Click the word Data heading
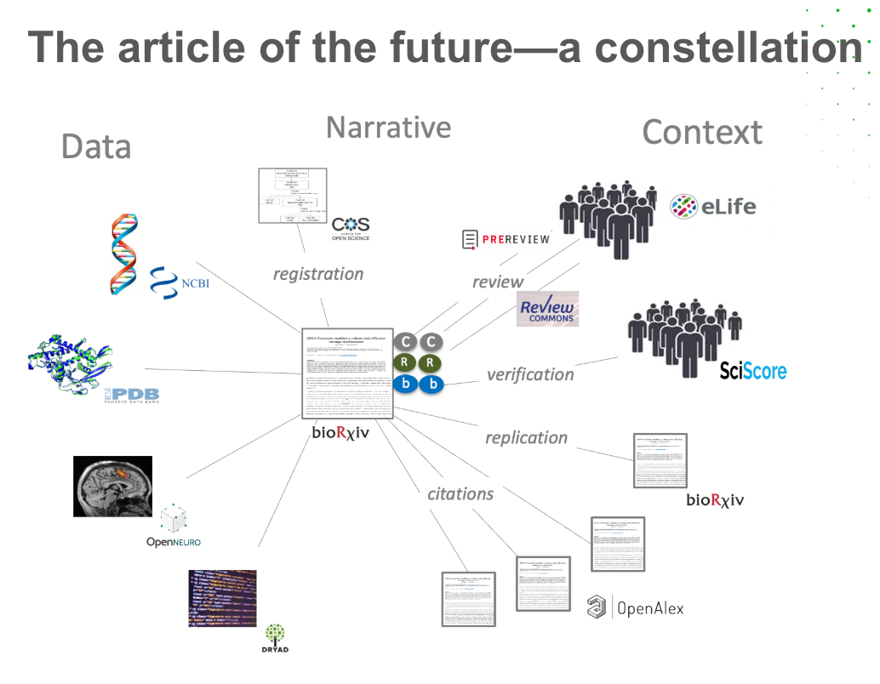coord(96,146)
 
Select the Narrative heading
coord(388,128)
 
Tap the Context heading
coord(702,133)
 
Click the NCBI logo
coord(180,282)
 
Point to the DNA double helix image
coord(129,254)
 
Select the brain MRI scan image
coord(111,487)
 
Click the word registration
coord(318,274)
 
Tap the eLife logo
coord(713,206)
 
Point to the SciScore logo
coord(752,370)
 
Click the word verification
coord(530,374)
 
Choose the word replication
coord(526,437)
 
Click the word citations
coord(460,493)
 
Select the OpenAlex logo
coord(635,607)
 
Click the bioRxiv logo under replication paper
coord(715,499)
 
